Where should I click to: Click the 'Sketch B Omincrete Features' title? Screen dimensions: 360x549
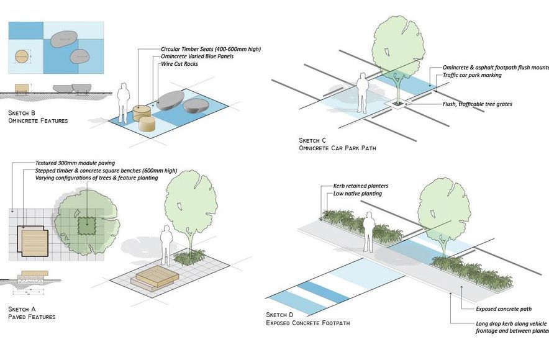[x=37, y=116]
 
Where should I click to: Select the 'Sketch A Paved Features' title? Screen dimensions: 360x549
[x=32, y=312]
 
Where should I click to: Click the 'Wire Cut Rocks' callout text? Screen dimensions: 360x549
[x=179, y=64]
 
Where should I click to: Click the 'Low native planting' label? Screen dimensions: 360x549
[x=357, y=194]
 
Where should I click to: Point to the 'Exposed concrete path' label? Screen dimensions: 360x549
[x=504, y=308]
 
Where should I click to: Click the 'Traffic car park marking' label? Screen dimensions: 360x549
[x=471, y=75]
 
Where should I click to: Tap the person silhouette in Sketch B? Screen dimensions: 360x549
[x=124, y=101]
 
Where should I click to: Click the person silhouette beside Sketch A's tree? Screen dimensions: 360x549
[x=166, y=245]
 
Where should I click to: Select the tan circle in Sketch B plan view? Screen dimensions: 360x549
[x=20, y=56]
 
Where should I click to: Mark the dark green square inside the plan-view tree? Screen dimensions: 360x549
[x=87, y=225]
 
